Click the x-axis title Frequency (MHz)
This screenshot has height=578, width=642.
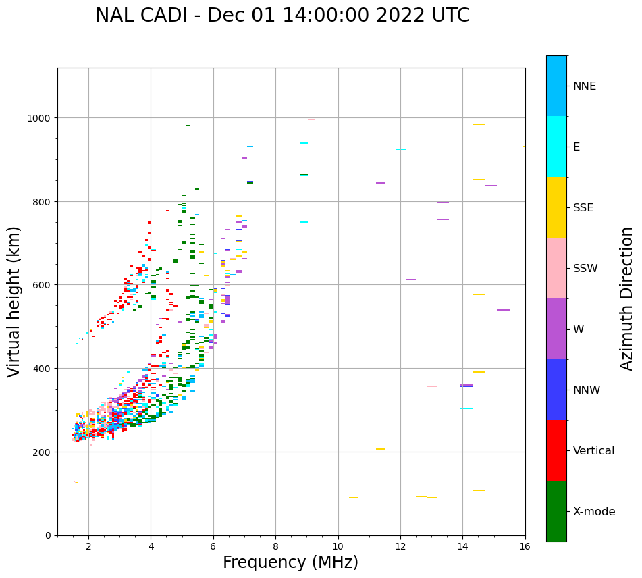pyautogui.click(x=290, y=562)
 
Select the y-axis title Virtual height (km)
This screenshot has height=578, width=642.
pyautogui.click(x=14, y=301)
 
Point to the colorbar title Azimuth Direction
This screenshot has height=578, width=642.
pyautogui.click(x=627, y=298)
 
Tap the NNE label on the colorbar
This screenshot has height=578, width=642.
pyautogui.click(x=585, y=86)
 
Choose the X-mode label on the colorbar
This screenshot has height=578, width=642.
pyautogui.click(x=594, y=512)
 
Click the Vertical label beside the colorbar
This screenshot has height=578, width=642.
pyautogui.click(x=594, y=451)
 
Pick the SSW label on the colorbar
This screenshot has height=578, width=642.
pyautogui.click(x=585, y=269)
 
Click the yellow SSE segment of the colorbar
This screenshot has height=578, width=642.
pyautogui.click(x=556, y=207)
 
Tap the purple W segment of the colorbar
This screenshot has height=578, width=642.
pyautogui.click(x=556, y=329)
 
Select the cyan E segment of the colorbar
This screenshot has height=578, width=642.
pyautogui.click(x=556, y=147)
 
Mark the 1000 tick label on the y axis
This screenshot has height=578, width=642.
pyautogui.click(x=39, y=118)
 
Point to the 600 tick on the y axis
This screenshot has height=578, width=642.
pyautogui.click(x=42, y=285)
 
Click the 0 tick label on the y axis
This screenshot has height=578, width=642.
pyautogui.click(x=48, y=535)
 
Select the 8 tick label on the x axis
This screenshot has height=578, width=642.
pyautogui.click(x=275, y=547)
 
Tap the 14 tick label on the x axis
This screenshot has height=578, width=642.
pyautogui.click(x=462, y=547)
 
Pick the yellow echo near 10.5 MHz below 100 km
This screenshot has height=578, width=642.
pyautogui.click(x=353, y=498)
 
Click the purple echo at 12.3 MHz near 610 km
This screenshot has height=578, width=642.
pyautogui.click(x=410, y=280)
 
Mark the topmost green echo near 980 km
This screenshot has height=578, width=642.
pyautogui.click(x=188, y=126)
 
